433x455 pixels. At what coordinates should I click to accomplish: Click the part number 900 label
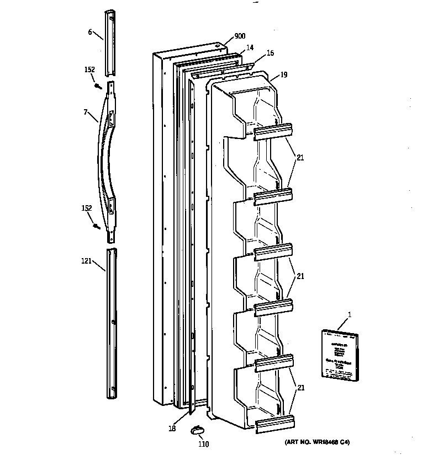click(x=240, y=36)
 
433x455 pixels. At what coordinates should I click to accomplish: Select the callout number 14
click(x=250, y=48)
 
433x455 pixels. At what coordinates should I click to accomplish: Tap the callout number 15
click(x=270, y=53)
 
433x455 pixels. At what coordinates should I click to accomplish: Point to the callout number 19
click(x=283, y=73)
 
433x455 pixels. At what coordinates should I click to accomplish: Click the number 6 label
click(x=90, y=32)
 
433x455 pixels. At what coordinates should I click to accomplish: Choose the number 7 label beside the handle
click(x=86, y=112)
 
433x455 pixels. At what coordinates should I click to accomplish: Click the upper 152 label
click(x=89, y=69)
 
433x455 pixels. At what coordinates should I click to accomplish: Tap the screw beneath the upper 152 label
click(x=97, y=85)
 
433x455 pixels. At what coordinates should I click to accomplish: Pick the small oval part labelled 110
click(x=197, y=430)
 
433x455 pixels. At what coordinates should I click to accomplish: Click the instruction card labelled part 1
click(x=337, y=355)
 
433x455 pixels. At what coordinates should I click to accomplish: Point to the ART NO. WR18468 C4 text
click(x=318, y=442)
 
